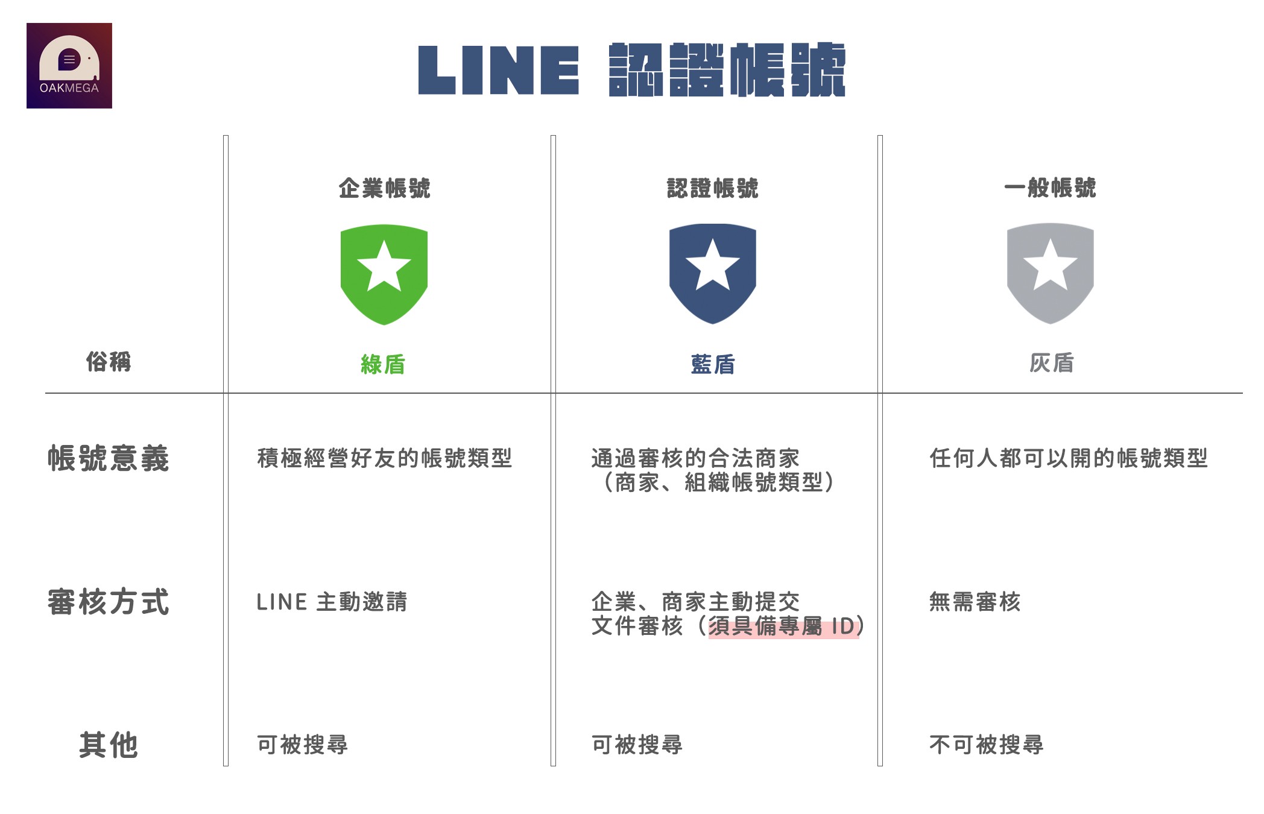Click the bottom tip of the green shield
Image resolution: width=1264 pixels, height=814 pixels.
(384, 325)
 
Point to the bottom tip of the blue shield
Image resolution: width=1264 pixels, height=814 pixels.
(713, 324)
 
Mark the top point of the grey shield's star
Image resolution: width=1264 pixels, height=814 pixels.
(1051, 239)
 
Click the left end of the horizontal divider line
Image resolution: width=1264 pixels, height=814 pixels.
(45, 393)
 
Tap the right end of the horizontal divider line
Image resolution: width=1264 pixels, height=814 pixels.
(1242, 393)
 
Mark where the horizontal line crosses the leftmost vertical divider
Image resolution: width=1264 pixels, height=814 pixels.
(226, 393)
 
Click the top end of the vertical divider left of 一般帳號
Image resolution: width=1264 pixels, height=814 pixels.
(880, 136)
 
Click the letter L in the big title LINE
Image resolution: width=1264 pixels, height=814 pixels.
(437, 71)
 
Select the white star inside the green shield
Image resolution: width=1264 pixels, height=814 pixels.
(384, 266)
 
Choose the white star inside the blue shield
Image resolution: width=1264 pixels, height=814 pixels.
(713, 265)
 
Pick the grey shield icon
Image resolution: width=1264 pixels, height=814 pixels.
(1051, 273)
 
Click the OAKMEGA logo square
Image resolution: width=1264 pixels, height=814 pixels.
(69, 66)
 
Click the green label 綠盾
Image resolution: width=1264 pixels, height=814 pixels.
(383, 364)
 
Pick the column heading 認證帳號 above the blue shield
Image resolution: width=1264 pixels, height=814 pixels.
(712, 188)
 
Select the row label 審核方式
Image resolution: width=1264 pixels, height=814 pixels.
(109, 602)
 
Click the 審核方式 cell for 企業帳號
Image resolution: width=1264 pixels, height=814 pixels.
(332, 602)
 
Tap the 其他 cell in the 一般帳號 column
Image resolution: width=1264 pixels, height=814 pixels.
(986, 745)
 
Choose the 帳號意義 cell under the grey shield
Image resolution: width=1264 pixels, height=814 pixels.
(1069, 458)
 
